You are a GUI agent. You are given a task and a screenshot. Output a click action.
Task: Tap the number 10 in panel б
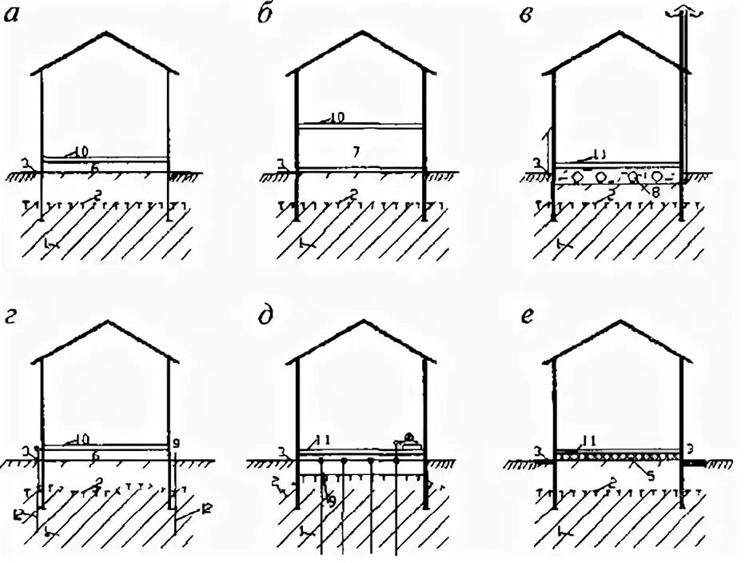tap(337, 118)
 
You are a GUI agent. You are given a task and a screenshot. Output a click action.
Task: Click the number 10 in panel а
tap(80, 150)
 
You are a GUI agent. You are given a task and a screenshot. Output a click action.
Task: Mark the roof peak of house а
tap(104, 34)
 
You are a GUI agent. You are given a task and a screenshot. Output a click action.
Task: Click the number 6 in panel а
tap(94, 168)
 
